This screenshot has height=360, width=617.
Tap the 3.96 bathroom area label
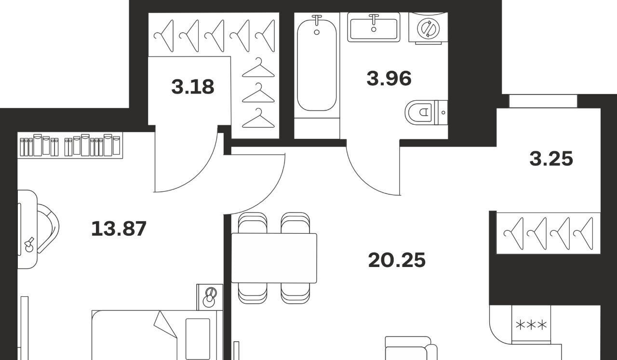tap(389, 78)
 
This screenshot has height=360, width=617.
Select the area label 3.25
tap(551, 159)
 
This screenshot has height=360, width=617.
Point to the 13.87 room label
tap(119, 228)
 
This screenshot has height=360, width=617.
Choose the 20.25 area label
tap(397, 260)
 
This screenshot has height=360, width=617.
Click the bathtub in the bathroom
tap(317, 65)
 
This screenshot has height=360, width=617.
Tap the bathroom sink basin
tap(374, 27)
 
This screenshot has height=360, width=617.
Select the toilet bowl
tap(419, 112)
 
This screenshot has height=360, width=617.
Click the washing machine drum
tap(428, 28)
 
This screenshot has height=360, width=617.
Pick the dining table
tap(274, 258)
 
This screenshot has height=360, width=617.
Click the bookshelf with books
tap(70, 146)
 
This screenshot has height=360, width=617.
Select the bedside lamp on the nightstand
tap(209, 297)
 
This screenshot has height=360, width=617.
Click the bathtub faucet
tap(317, 20)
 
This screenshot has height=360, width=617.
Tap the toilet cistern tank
tap(441, 112)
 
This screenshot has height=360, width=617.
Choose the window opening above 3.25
tap(543, 101)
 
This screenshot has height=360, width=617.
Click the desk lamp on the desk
tap(29, 245)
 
